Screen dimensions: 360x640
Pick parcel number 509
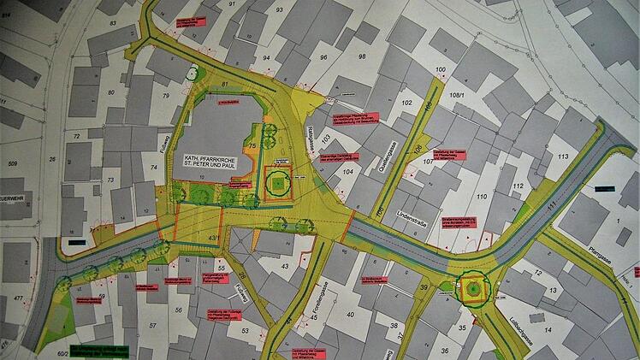point(13,162)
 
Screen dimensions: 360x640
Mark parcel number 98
point(362,56)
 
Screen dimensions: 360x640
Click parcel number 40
point(349,314)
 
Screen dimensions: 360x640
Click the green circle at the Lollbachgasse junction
point(471,291)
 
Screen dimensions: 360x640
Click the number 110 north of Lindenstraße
point(482,198)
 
